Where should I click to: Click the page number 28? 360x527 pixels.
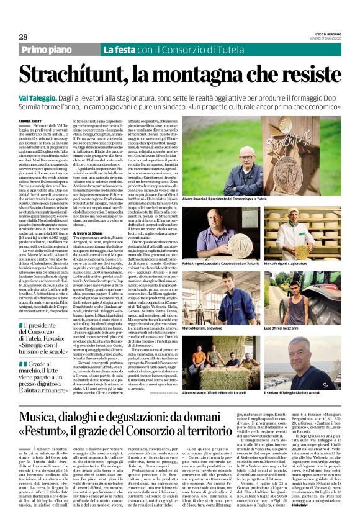pos(23,37)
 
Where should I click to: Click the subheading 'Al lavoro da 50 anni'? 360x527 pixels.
pos(87,232)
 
